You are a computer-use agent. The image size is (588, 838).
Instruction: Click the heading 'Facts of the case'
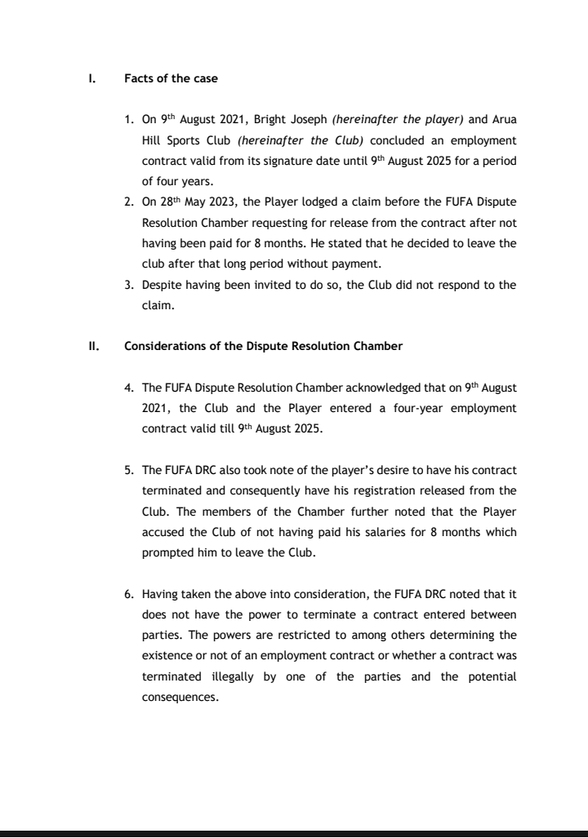click(171, 79)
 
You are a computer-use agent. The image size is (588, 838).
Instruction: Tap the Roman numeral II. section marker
click(93, 345)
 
